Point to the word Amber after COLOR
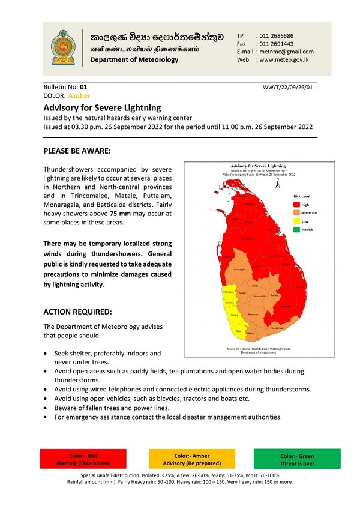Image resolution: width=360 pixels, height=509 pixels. point(79,95)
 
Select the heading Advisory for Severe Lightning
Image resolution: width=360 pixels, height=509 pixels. point(102,108)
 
